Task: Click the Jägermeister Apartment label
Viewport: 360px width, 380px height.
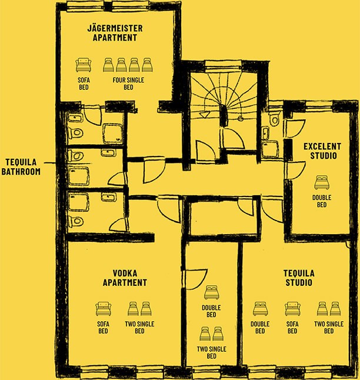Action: (x=115, y=33)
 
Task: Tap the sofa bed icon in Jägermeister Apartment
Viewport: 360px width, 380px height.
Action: (x=84, y=65)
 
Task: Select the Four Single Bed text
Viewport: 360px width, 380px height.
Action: (x=128, y=84)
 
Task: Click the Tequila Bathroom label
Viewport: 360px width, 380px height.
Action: (x=21, y=167)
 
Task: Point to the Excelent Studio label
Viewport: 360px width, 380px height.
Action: (x=322, y=151)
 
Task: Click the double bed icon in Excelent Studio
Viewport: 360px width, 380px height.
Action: (x=322, y=183)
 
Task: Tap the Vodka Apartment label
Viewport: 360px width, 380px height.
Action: (x=125, y=278)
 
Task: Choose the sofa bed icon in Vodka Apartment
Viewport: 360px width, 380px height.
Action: (x=104, y=309)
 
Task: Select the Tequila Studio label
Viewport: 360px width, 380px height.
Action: (x=299, y=278)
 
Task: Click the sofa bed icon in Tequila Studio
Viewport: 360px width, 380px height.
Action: (x=292, y=309)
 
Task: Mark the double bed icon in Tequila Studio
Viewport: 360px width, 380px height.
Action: (x=261, y=309)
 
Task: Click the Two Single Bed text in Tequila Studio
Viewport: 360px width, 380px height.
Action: (x=329, y=328)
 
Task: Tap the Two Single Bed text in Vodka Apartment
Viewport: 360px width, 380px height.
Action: (x=139, y=328)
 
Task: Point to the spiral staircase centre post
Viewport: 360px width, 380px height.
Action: (x=224, y=116)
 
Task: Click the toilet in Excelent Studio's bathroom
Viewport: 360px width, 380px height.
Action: (x=275, y=119)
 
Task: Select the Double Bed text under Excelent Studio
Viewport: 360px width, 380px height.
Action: (x=322, y=201)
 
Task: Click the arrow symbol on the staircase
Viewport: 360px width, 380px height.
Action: (x=205, y=114)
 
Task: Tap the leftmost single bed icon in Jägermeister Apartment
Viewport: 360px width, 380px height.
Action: (x=108, y=65)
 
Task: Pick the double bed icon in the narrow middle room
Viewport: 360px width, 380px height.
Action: (x=211, y=292)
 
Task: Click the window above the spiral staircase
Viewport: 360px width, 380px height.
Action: (x=224, y=66)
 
